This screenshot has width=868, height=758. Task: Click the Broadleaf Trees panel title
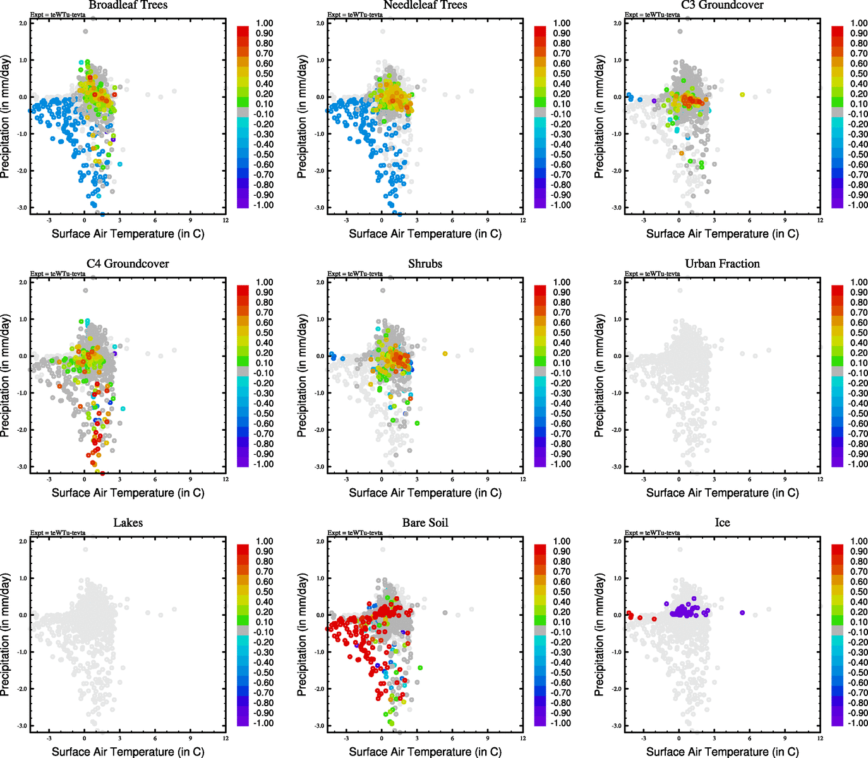128,5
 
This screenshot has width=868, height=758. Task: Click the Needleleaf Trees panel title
425,5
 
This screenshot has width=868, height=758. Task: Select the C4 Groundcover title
128,264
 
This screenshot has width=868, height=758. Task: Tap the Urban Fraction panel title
722,264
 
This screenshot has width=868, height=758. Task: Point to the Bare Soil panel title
425,523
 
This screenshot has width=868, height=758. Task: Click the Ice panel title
722,523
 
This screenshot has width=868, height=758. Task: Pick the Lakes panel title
128,523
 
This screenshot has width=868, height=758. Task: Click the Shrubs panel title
425,264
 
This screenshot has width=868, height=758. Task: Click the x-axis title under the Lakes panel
128,752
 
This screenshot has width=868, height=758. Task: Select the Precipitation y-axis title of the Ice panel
600,634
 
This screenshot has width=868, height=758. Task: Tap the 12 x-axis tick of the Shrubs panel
523,479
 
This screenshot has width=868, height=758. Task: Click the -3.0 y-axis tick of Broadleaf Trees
22,208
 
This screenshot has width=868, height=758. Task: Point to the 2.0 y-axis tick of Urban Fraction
617,282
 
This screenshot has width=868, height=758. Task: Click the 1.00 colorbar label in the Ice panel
859,541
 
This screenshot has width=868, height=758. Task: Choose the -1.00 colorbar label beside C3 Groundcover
859,205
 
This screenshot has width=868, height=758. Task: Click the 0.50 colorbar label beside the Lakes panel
265,592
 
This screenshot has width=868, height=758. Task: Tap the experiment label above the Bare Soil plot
355,533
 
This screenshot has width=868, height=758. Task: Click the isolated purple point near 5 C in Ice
742,613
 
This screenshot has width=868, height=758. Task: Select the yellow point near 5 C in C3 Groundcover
742,95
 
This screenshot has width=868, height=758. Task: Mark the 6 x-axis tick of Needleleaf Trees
452,220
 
